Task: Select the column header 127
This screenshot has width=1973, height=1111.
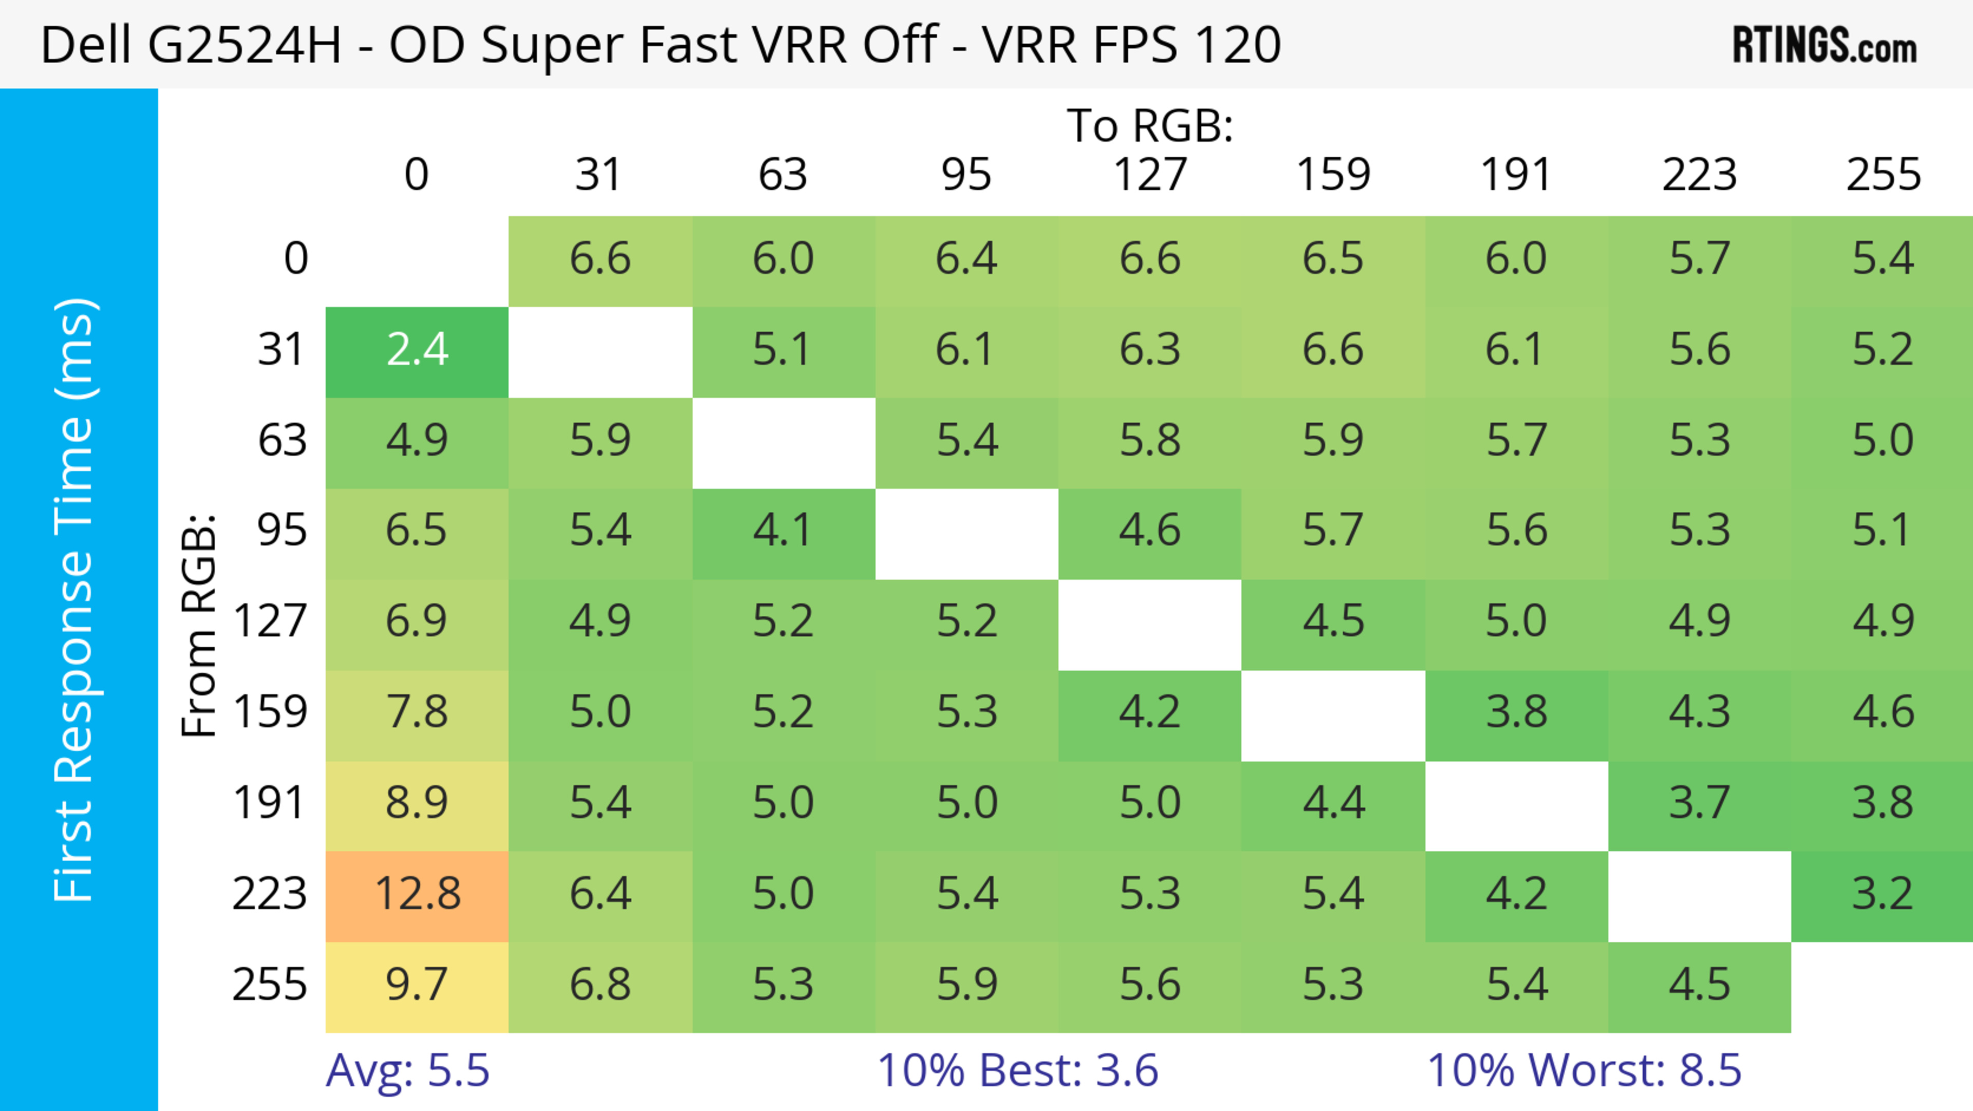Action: coord(1150,175)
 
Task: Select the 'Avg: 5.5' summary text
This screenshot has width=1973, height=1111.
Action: coord(407,1070)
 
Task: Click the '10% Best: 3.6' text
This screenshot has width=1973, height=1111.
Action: coord(1017,1070)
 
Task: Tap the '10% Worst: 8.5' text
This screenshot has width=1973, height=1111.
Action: coord(1584,1070)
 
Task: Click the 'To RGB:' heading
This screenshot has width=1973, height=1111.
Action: coord(1150,125)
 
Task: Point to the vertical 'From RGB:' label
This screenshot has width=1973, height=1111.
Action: coord(199,625)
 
